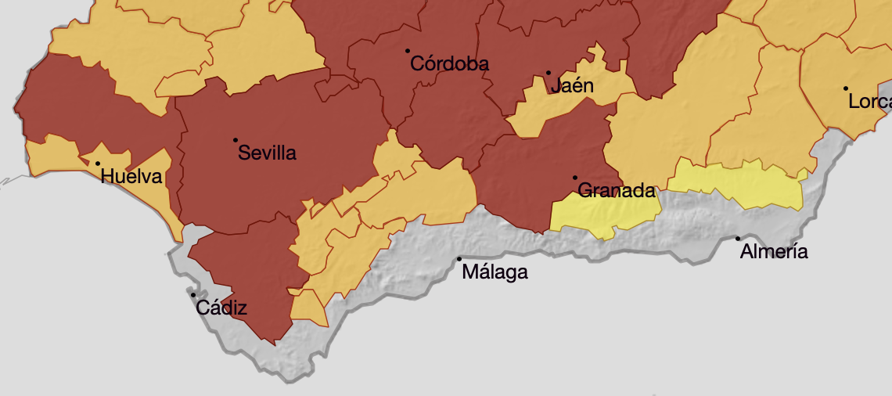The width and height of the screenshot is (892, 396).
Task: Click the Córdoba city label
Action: (x=450, y=64)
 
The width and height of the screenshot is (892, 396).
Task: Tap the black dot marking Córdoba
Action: (x=408, y=51)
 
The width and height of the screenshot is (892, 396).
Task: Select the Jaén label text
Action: (x=572, y=85)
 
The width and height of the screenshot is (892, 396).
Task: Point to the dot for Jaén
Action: (x=549, y=73)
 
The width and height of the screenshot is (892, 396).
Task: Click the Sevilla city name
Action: (x=267, y=153)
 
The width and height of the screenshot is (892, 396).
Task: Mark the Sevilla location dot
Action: (x=236, y=140)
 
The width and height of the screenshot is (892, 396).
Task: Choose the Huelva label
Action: (x=131, y=177)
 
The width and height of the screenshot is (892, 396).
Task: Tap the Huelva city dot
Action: (x=98, y=164)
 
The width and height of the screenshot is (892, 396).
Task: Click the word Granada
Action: (x=616, y=190)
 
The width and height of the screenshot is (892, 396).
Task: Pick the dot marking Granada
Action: (x=575, y=178)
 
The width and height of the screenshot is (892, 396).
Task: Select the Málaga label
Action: (x=495, y=272)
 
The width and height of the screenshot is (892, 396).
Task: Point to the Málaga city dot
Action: (x=459, y=259)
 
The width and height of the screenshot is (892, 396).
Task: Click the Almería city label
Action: (x=773, y=252)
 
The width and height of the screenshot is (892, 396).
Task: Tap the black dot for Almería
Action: (x=738, y=239)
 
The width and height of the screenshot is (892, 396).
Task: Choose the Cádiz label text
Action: (x=221, y=308)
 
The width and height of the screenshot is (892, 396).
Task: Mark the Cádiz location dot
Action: (x=193, y=295)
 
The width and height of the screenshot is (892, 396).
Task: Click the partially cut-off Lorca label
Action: (x=869, y=102)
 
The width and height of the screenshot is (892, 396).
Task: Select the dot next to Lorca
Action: (x=846, y=88)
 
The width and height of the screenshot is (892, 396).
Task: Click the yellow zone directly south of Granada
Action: (x=602, y=213)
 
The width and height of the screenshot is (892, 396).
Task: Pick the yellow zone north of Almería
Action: (x=736, y=184)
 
